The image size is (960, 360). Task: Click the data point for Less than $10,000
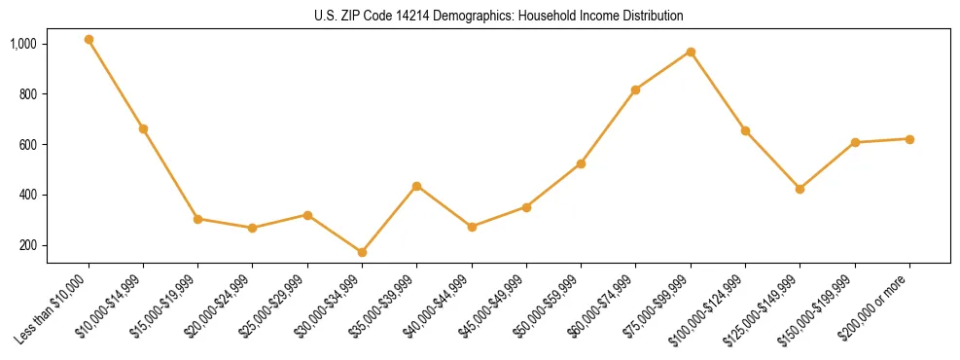89,40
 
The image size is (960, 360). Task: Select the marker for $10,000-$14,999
143,128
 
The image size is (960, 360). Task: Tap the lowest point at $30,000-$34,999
362,252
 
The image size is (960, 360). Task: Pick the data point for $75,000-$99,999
691,52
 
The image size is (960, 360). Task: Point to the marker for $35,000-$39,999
416,186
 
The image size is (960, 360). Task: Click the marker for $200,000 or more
909,139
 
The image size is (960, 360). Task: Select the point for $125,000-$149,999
800,189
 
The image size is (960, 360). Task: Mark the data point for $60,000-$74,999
635,90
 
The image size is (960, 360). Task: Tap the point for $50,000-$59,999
581,163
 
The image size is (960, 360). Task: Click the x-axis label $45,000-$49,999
492,305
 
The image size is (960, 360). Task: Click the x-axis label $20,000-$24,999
219,305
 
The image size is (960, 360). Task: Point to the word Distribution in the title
649,17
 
